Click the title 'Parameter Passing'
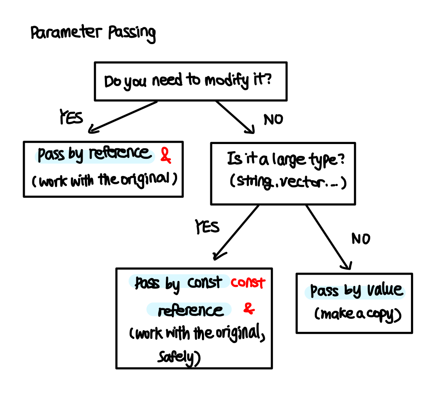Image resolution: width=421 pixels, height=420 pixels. pyautogui.click(x=93, y=33)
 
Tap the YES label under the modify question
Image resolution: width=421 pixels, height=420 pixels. pyautogui.click(x=71, y=118)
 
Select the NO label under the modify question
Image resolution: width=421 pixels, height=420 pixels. pyautogui.click(x=273, y=120)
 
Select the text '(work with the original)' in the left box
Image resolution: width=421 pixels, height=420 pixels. pyautogui.click(x=103, y=180)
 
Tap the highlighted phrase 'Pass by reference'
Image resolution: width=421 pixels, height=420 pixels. pyautogui.click(x=94, y=155)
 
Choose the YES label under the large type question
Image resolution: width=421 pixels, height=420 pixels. pyautogui.click(x=207, y=227)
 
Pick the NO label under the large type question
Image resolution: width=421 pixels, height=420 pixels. pyautogui.click(x=361, y=239)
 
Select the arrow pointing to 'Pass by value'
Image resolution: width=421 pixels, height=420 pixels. pyautogui.click(x=329, y=237)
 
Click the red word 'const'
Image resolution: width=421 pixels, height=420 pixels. pyautogui.click(x=248, y=283)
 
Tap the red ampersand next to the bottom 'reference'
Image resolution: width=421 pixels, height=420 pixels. pyautogui.click(x=249, y=310)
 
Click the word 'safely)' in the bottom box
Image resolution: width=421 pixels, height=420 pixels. pyautogui.click(x=178, y=357)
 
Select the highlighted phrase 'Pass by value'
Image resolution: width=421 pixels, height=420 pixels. pyautogui.click(x=356, y=291)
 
